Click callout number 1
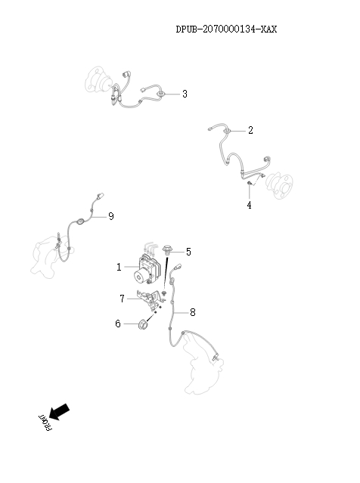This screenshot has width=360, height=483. point(119,267)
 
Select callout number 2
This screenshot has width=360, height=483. point(250,130)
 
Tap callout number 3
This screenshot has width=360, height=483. point(185,94)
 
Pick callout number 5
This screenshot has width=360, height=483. point(188,251)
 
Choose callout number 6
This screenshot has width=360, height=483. point(118,324)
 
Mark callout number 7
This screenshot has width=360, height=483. point(122,299)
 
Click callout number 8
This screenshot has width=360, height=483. point(193,311)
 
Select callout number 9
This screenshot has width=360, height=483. point(111,216)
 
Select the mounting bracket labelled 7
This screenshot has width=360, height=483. point(148,300)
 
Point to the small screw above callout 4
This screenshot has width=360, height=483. point(250,184)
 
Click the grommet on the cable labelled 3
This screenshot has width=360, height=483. point(162,94)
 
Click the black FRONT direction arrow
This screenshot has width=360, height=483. point(61,411)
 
